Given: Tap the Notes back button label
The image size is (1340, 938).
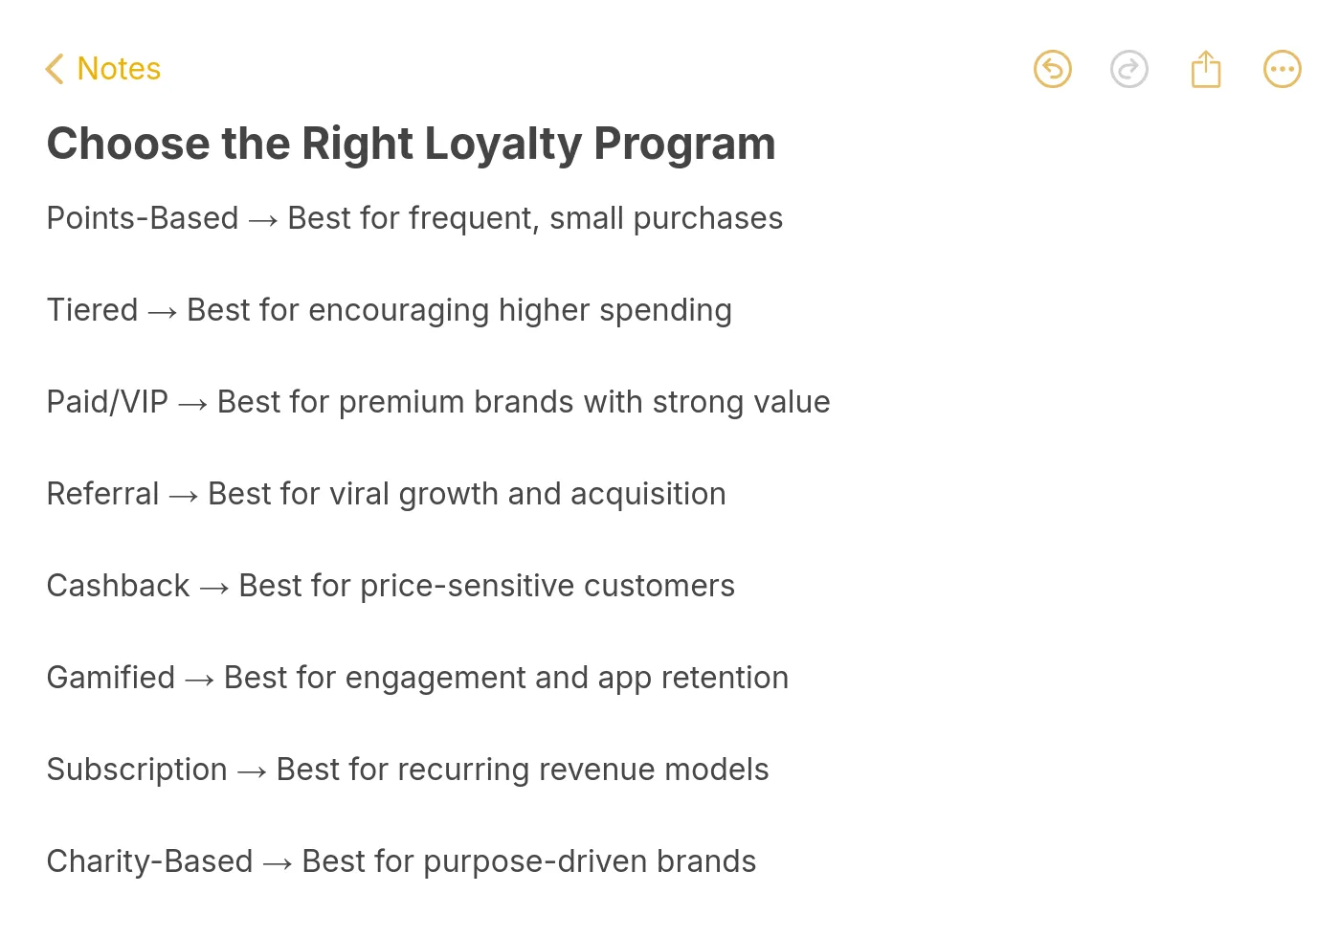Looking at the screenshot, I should tap(119, 69).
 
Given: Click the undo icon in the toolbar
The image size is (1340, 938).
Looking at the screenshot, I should tap(1052, 69).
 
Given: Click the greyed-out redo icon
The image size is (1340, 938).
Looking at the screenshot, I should tap(1128, 69).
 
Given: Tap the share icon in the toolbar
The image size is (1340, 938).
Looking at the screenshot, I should tap(1205, 69).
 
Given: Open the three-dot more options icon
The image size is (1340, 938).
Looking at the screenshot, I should tap(1282, 69).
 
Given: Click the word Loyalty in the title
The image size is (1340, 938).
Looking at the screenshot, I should tap(502, 145).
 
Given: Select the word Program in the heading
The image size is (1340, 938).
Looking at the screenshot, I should tap(684, 145).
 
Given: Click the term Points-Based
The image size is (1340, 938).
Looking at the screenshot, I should tap(143, 218).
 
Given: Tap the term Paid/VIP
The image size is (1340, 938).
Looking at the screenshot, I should tap(107, 402).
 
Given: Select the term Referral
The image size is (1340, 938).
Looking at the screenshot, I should tap(102, 494).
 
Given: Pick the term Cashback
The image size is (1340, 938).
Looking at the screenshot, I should tap(118, 586).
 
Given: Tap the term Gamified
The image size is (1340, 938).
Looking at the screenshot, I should tap(111, 678).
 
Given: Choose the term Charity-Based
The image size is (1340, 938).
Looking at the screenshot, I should tap(149, 861).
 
